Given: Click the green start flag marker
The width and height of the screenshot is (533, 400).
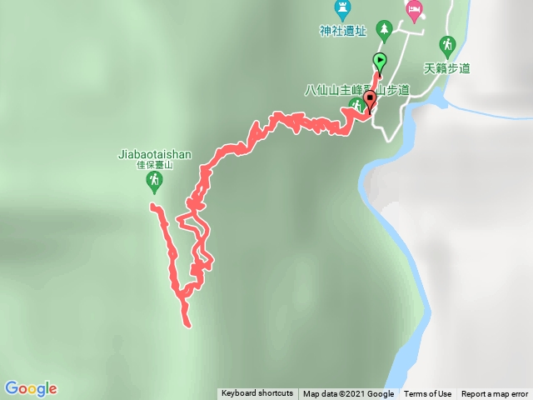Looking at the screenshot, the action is click(x=380, y=60).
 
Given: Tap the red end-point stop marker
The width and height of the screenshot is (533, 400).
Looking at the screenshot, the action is click(x=370, y=101).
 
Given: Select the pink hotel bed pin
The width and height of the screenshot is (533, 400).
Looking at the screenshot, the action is click(x=414, y=9).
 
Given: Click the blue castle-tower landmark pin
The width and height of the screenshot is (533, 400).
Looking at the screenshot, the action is click(x=342, y=9).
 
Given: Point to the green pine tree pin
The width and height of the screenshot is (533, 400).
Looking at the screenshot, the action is click(x=384, y=28).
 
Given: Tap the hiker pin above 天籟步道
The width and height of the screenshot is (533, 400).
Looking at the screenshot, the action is click(x=448, y=44).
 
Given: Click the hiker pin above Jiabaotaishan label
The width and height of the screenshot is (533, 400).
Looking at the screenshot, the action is click(x=153, y=180).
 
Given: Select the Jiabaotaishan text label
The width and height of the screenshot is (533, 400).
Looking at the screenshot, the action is click(x=156, y=154).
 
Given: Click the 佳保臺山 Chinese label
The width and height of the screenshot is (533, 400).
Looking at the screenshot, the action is click(x=154, y=165).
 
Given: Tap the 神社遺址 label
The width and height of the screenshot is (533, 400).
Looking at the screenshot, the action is click(x=342, y=31).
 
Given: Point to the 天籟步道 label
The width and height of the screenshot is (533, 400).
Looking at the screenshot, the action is click(x=447, y=67).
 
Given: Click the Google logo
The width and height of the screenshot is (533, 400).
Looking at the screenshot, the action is click(x=31, y=388).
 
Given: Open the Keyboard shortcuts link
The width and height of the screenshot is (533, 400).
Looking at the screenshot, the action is click(x=257, y=394).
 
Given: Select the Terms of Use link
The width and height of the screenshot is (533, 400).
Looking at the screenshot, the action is click(x=428, y=394).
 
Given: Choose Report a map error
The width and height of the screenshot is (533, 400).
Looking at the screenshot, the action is click(x=495, y=394).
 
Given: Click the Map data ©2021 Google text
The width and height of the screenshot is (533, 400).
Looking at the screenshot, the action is click(x=348, y=394).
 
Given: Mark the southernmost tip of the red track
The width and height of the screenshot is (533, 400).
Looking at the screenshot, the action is click(x=188, y=325).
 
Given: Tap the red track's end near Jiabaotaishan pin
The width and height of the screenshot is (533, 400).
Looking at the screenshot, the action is click(x=152, y=205).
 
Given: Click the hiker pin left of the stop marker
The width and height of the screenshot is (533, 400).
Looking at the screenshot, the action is click(x=356, y=104).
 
